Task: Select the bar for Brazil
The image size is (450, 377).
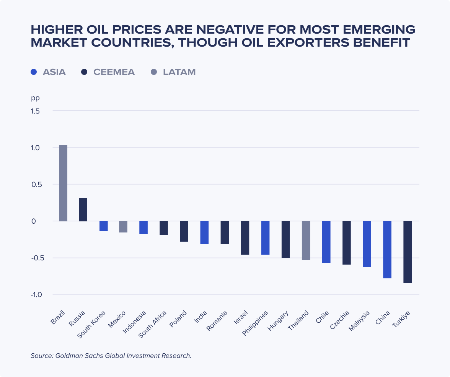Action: (63, 183)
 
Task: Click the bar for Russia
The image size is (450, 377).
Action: (83, 210)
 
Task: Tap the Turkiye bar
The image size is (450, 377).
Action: (408, 252)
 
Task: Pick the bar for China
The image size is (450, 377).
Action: (387, 250)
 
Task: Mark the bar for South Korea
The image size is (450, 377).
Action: (103, 226)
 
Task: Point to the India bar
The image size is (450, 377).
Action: (204, 232)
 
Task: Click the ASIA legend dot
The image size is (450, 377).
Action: (34, 72)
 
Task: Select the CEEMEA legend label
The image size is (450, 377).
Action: (114, 72)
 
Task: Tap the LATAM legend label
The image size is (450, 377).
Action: (179, 72)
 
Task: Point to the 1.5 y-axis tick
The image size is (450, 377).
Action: (36, 111)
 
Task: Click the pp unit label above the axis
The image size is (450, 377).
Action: (35, 98)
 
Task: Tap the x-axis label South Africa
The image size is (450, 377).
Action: (153, 324)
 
